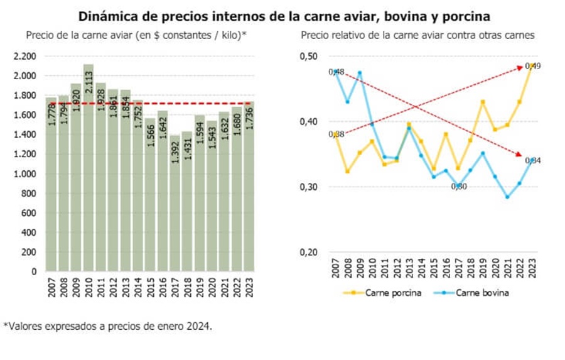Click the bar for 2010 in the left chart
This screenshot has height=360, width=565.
[x=88, y=170]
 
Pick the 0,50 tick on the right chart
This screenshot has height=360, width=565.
[x=309, y=57]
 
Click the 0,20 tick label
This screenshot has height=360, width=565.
[x=309, y=253]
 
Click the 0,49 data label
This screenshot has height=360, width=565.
[x=534, y=66]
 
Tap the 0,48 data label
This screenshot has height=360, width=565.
[x=336, y=72]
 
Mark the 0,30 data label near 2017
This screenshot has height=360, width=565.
[x=459, y=186]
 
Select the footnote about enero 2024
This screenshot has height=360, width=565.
[x=108, y=326]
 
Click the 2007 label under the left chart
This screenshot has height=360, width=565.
[x=51, y=284]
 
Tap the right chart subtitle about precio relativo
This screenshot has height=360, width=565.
[x=417, y=35]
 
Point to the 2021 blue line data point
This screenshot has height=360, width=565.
[x=507, y=197]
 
